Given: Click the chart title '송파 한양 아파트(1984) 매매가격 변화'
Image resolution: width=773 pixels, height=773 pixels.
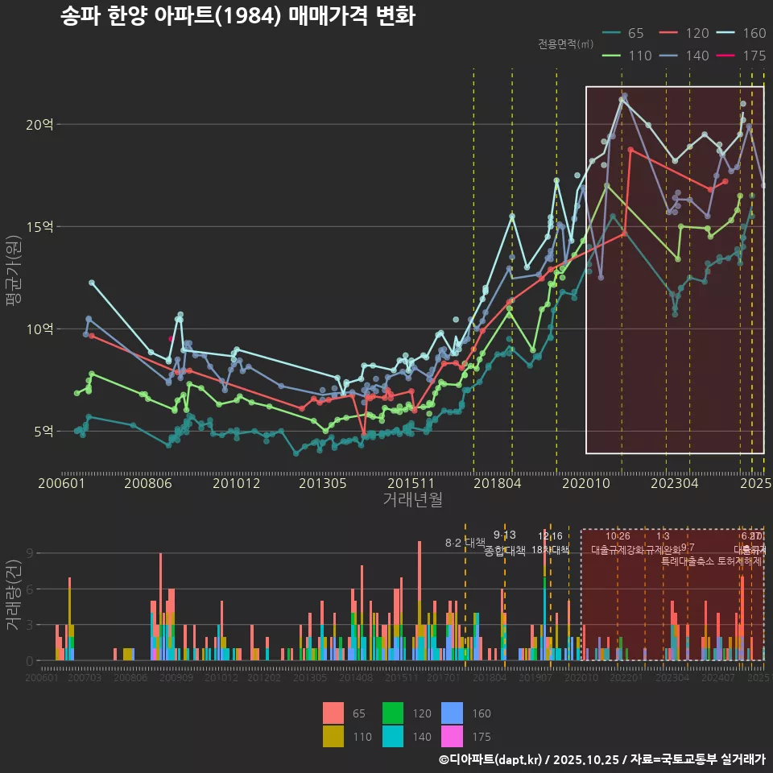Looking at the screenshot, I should pos(238,16).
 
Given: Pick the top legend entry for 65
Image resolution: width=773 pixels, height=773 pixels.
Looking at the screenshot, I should pos(624,33).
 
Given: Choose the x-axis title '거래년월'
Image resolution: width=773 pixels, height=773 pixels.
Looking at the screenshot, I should pos(412,500).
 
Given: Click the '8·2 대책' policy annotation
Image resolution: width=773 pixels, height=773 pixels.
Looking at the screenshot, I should pos(465,543).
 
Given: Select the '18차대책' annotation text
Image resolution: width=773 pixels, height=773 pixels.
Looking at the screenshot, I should pos(551,550).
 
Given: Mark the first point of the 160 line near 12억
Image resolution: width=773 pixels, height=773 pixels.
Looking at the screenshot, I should pos(92,283).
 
